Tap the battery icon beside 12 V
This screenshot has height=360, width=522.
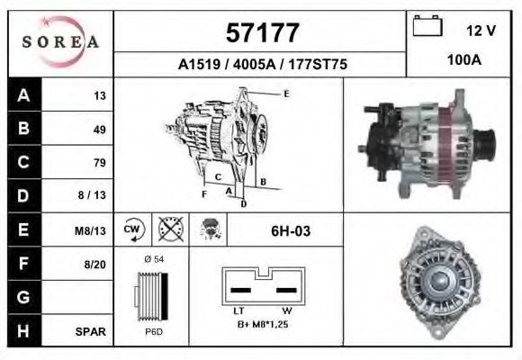426,28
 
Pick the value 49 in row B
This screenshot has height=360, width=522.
100,129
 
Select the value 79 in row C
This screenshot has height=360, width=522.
100,163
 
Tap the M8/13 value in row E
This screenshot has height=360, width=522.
92,230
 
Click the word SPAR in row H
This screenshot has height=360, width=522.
92,331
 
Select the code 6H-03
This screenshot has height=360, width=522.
291,231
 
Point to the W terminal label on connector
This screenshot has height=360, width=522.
286,310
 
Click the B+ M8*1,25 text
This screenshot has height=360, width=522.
264,324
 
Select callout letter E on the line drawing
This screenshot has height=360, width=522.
286,94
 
